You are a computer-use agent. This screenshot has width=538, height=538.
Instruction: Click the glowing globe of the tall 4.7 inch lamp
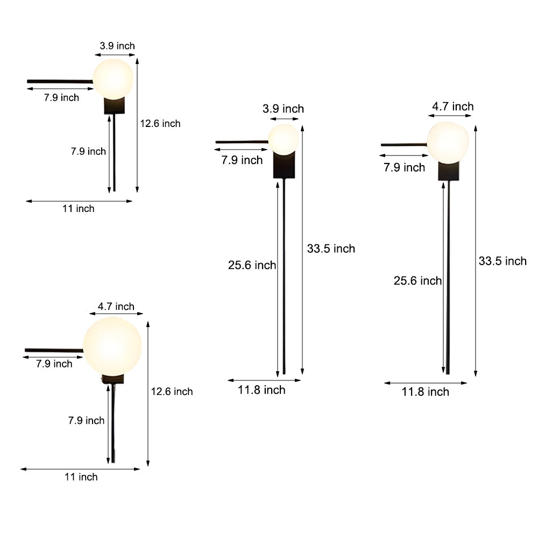click(448, 142)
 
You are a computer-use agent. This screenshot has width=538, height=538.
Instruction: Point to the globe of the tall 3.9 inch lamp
click(283, 139)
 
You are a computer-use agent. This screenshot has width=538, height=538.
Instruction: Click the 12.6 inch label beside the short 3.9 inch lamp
click(160, 124)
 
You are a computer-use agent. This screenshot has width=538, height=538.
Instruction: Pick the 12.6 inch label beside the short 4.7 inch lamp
click(172, 392)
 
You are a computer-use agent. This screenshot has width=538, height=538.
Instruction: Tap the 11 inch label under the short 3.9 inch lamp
click(78, 209)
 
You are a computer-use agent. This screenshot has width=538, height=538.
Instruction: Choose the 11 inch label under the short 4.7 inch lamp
click(81, 477)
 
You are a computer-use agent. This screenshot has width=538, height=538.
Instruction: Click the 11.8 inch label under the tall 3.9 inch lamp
click(261, 390)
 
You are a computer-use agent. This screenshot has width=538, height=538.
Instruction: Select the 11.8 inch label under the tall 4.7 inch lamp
click(425, 392)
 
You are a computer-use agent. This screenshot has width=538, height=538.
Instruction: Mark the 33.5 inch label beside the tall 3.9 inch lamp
click(331, 249)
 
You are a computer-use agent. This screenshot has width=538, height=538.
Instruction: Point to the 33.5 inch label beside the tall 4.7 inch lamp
click(502, 261)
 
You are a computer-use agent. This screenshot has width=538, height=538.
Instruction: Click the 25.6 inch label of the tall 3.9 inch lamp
click(252, 265)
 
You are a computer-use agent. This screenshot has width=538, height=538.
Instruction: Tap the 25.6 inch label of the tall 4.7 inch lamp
click(417, 280)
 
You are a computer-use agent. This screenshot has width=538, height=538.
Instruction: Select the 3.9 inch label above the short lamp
click(117, 46)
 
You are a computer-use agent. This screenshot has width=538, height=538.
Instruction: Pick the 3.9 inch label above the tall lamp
click(283, 109)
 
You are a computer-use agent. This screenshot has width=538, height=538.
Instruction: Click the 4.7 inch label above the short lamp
click(116, 307)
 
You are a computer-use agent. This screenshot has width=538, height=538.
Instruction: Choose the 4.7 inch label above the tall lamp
click(453, 107)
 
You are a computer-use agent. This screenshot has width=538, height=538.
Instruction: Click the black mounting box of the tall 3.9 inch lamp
click(285, 166)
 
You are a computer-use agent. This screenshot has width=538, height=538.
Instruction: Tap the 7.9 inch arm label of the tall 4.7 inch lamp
click(404, 167)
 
